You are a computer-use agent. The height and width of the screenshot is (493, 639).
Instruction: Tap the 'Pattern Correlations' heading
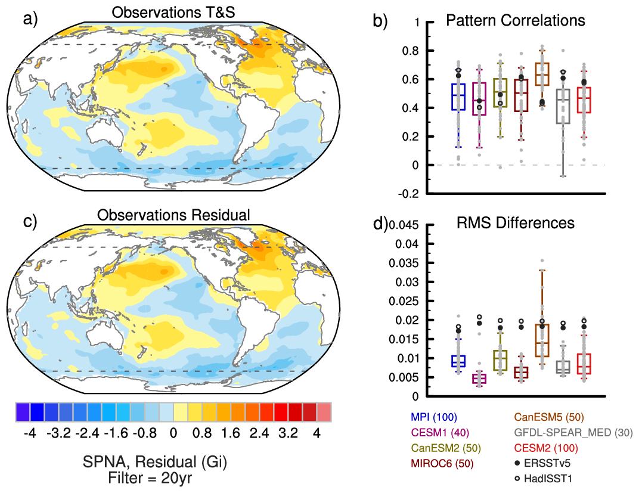[x=516, y=21]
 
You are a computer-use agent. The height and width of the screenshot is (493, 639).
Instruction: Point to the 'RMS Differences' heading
[x=516, y=223]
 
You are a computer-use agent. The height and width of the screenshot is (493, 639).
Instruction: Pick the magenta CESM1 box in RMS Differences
[x=479, y=379]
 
